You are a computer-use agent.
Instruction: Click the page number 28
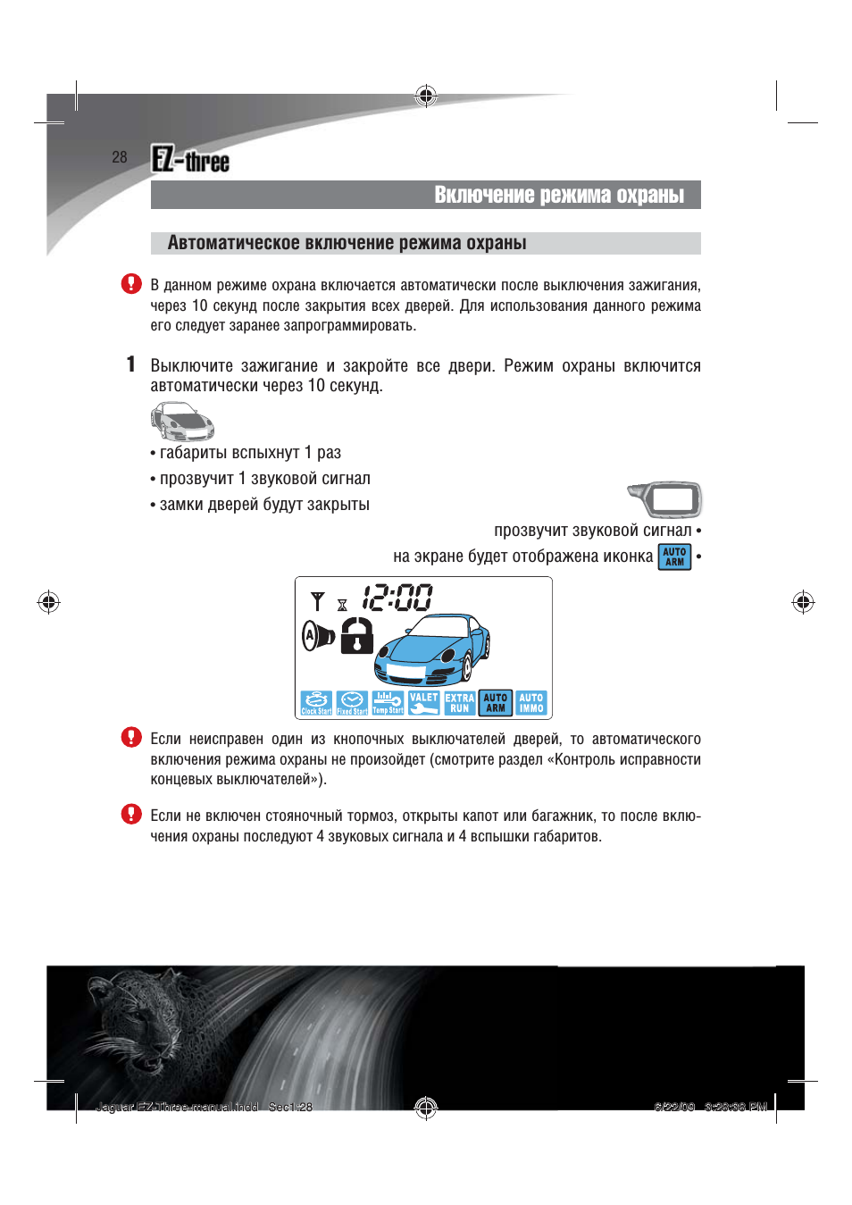(120, 157)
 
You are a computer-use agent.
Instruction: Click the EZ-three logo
(190, 160)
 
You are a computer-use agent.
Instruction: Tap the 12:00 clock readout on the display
(397, 598)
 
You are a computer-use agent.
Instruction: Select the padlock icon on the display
(356, 636)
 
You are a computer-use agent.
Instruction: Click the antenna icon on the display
(317, 600)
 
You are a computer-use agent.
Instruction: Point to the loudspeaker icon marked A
(317, 636)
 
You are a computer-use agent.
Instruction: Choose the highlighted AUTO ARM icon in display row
(496, 703)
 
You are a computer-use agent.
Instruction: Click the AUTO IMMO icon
(531, 703)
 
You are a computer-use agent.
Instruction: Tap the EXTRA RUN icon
(460, 703)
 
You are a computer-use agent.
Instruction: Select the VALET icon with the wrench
(423, 703)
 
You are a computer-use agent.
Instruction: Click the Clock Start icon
(316, 703)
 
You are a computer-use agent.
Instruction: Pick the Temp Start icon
(388, 703)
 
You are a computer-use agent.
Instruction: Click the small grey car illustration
(182, 422)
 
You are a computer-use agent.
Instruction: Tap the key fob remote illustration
(665, 499)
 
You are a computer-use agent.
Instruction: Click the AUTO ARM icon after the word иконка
(675, 556)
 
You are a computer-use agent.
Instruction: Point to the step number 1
(130, 364)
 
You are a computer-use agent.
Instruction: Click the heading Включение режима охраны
(559, 195)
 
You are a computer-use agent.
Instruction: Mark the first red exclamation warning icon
(131, 284)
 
